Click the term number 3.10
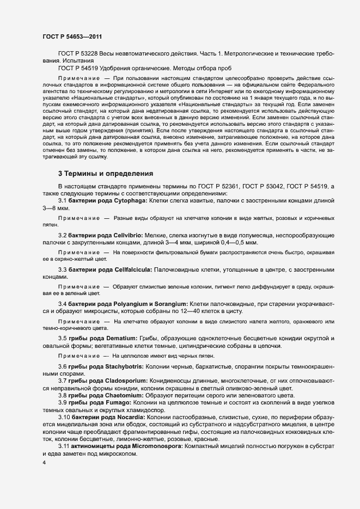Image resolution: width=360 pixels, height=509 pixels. click(65, 416)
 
